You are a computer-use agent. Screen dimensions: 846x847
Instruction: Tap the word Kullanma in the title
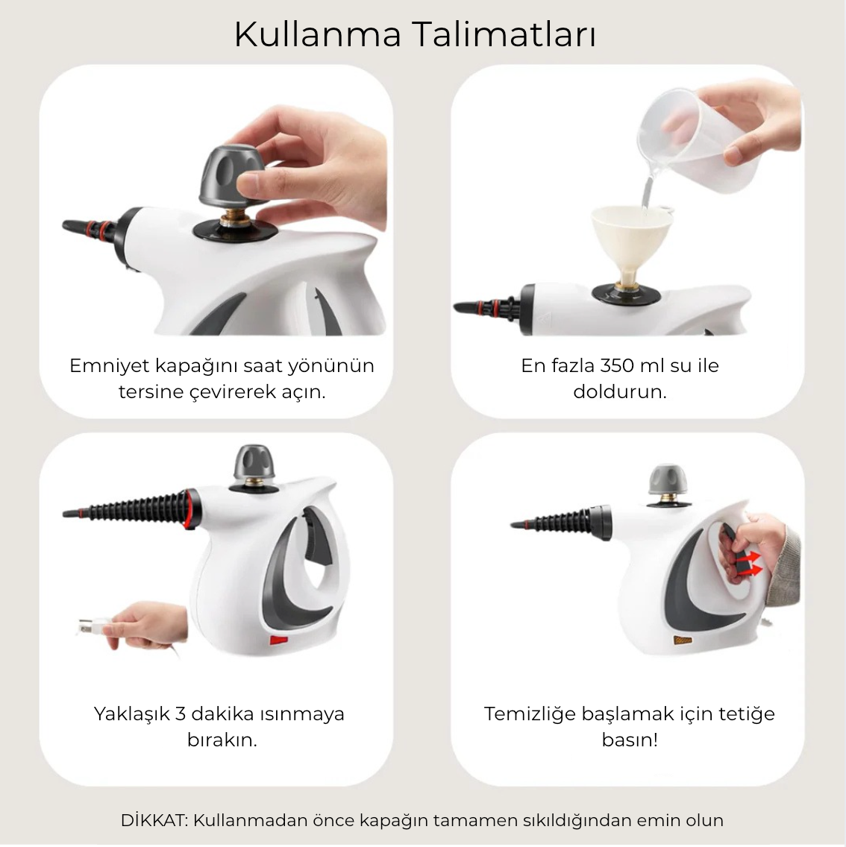(318, 34)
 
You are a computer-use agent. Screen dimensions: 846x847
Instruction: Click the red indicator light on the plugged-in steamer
(279, 640)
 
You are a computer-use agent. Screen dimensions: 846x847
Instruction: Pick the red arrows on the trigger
(749, 563)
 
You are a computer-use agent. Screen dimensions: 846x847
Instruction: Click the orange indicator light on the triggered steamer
(683, 640)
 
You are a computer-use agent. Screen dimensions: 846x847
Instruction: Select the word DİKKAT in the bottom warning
(154, 820)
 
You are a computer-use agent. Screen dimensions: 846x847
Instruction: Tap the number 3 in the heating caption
(181, 714)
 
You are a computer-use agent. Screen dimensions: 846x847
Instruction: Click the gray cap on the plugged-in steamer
(254, 465)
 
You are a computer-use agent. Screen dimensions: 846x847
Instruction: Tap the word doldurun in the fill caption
(619, 391)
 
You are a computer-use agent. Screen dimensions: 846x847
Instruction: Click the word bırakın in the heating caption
(222, 740)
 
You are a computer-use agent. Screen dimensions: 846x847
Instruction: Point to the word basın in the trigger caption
(629, 740)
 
